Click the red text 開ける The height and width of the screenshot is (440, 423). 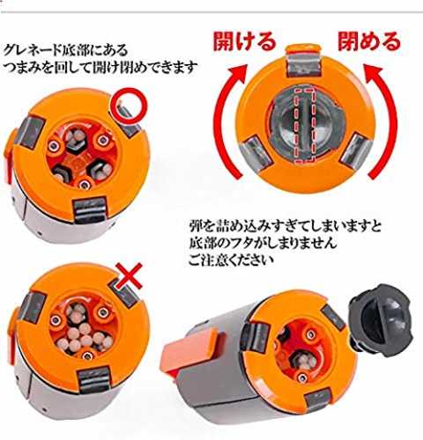coord(244,40)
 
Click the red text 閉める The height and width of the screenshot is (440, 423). coord(369,40)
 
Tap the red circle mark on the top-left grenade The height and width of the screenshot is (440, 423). coord(130,106)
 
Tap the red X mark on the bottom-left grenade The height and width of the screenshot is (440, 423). coord(129,275)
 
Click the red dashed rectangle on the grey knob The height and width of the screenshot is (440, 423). coord(304,125)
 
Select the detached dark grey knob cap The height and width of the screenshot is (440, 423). coord(381,320)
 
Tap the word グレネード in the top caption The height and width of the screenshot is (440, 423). coord(33,50)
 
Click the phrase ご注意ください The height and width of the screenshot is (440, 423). coord(231,260)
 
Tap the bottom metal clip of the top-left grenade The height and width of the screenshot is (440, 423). coord(89,209)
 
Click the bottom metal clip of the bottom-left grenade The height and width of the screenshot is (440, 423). coord(94,380)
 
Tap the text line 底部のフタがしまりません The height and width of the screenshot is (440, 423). coord(263,243)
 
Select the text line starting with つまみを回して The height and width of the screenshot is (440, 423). coord(100,68)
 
